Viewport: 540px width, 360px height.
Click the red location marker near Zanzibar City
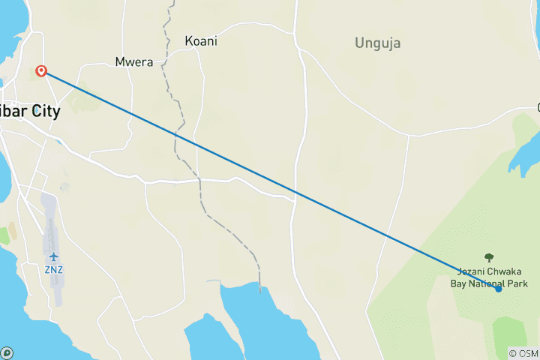tap(41, 71)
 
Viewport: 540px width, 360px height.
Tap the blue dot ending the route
tap(498, 289)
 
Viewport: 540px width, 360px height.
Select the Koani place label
tap(201, 42)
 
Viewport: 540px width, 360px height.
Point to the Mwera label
tap(134, 62)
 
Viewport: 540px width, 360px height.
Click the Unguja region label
tap(377, 43)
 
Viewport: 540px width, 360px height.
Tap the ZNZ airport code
tap(53, 268)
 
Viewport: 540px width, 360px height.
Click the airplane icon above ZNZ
tap(53, 257)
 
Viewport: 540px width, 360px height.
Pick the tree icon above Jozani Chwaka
tap(489, 257)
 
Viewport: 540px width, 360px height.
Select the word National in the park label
tap(487, 283)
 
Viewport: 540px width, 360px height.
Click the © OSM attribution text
tap(523, 352)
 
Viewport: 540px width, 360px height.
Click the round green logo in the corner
tap(7, 352)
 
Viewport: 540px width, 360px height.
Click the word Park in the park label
tap(517, 283)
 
